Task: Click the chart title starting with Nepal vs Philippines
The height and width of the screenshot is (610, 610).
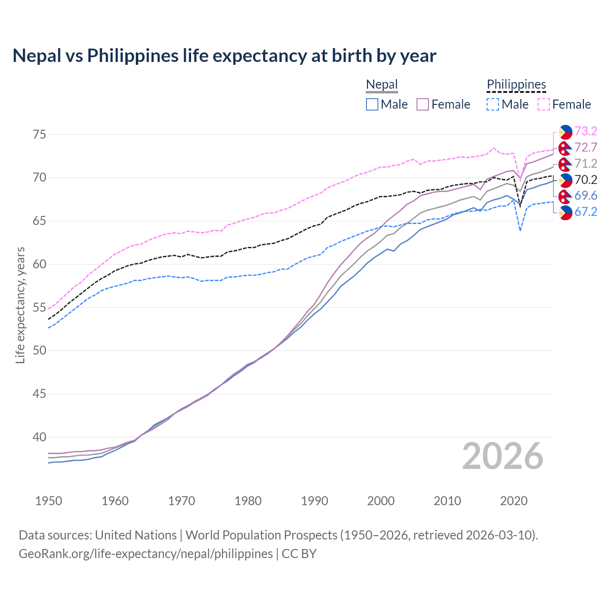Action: [224, 56]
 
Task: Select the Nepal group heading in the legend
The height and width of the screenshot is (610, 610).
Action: [382, 85]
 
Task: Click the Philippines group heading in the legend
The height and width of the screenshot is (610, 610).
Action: [516, 85]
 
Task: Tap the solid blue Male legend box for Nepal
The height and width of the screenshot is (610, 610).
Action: [372, 104]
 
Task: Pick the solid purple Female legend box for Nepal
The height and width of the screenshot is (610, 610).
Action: [423, 104]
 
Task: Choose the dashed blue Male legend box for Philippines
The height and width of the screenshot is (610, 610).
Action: [493, 104]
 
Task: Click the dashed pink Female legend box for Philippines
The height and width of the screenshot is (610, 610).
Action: [544, 104]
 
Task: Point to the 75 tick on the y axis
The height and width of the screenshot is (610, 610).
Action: [40, 134]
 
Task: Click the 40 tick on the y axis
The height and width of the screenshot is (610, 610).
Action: [40, 437]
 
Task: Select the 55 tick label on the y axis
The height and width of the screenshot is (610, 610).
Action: [40, 307]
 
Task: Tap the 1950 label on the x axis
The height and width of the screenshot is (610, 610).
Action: [49, 501]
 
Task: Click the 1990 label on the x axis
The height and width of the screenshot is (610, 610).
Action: [315, 501]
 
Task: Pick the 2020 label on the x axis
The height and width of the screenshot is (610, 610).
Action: [514, 501]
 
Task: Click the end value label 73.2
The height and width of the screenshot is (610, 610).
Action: [586, 131]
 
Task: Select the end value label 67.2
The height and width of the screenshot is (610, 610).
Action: [586, 212]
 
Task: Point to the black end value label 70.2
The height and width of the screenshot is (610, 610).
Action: [586, 180]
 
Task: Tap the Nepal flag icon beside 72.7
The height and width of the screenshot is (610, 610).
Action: [565, 148]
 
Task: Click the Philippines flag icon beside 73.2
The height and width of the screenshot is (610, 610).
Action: [565, 132]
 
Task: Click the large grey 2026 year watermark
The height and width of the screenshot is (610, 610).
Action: [502, 456]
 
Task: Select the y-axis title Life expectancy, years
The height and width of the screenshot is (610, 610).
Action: [20, 305]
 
